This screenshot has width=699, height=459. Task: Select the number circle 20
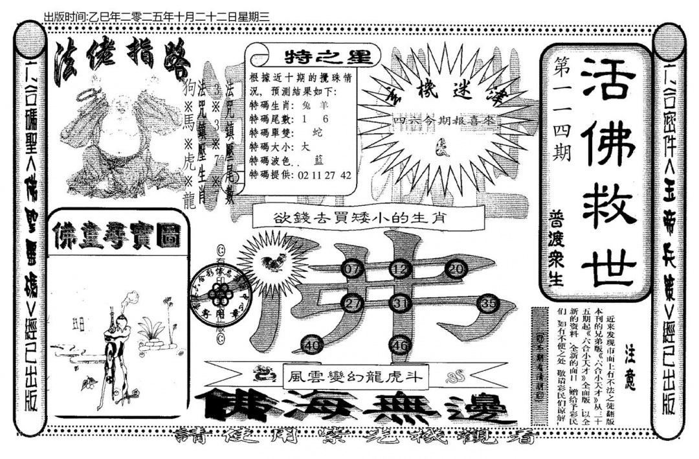pyautogui.click(x=457, y=269)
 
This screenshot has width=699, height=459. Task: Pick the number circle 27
pyautogui.click(x=353, y=303)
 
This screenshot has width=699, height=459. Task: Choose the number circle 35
pyautogui.click(x=489, y=303)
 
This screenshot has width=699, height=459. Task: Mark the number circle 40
pyautogui.click(x=313, y=346)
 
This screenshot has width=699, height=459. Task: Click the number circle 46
pyautogui.click(x=400, y=346)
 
